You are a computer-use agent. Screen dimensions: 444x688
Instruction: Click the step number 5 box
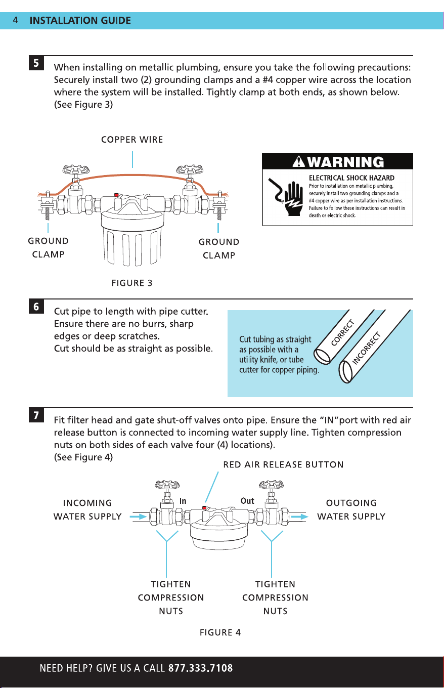pyautogui.click(x=36, y=63)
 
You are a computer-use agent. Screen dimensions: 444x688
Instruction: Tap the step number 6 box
pyautogui.click(x=36, y=307)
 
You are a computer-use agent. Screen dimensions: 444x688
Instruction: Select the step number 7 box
pyautogui.click(x=36, y=415)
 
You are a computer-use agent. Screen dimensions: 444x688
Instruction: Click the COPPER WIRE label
pyautogui.click(x=132, y=140)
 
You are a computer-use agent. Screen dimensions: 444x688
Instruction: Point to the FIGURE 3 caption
pyautogui.click(x=132, y=283)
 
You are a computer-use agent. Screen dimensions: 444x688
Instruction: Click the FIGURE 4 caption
pyautogui.click(x=220, y=632)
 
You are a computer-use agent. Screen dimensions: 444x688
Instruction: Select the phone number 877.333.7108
pyautogui.click(x=200, y=668)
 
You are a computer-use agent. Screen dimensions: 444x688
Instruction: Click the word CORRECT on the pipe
pyautogui.click(x=343, y=333)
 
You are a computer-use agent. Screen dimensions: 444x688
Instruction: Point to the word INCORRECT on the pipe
pyautogui.click(x=366, y=348)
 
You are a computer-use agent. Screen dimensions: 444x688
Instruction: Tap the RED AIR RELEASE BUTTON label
pyautogui.click(x=283, y=465)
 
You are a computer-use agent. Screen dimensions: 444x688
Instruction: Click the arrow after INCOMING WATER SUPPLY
pyautogui.click(x=139, y=517)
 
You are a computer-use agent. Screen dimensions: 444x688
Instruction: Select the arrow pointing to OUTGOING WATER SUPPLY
pyautogui.click(x=299, y=517)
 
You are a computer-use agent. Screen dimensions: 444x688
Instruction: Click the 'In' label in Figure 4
pyautogui.click(x=183, y=501)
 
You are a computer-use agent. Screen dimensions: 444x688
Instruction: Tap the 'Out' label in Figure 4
pyautogui.click(x=247, y=501)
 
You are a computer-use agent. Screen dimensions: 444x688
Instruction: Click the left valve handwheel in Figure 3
pyautogui.click(x=76, y=169)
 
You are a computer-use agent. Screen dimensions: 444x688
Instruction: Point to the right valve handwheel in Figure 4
pyautogui.click(x=271, y=485)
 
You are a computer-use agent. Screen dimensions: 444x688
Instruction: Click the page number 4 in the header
pyautogui.click(x=15, y=20)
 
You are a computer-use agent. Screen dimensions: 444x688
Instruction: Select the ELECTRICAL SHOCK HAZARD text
pyautogui.click(x=351, y=178)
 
